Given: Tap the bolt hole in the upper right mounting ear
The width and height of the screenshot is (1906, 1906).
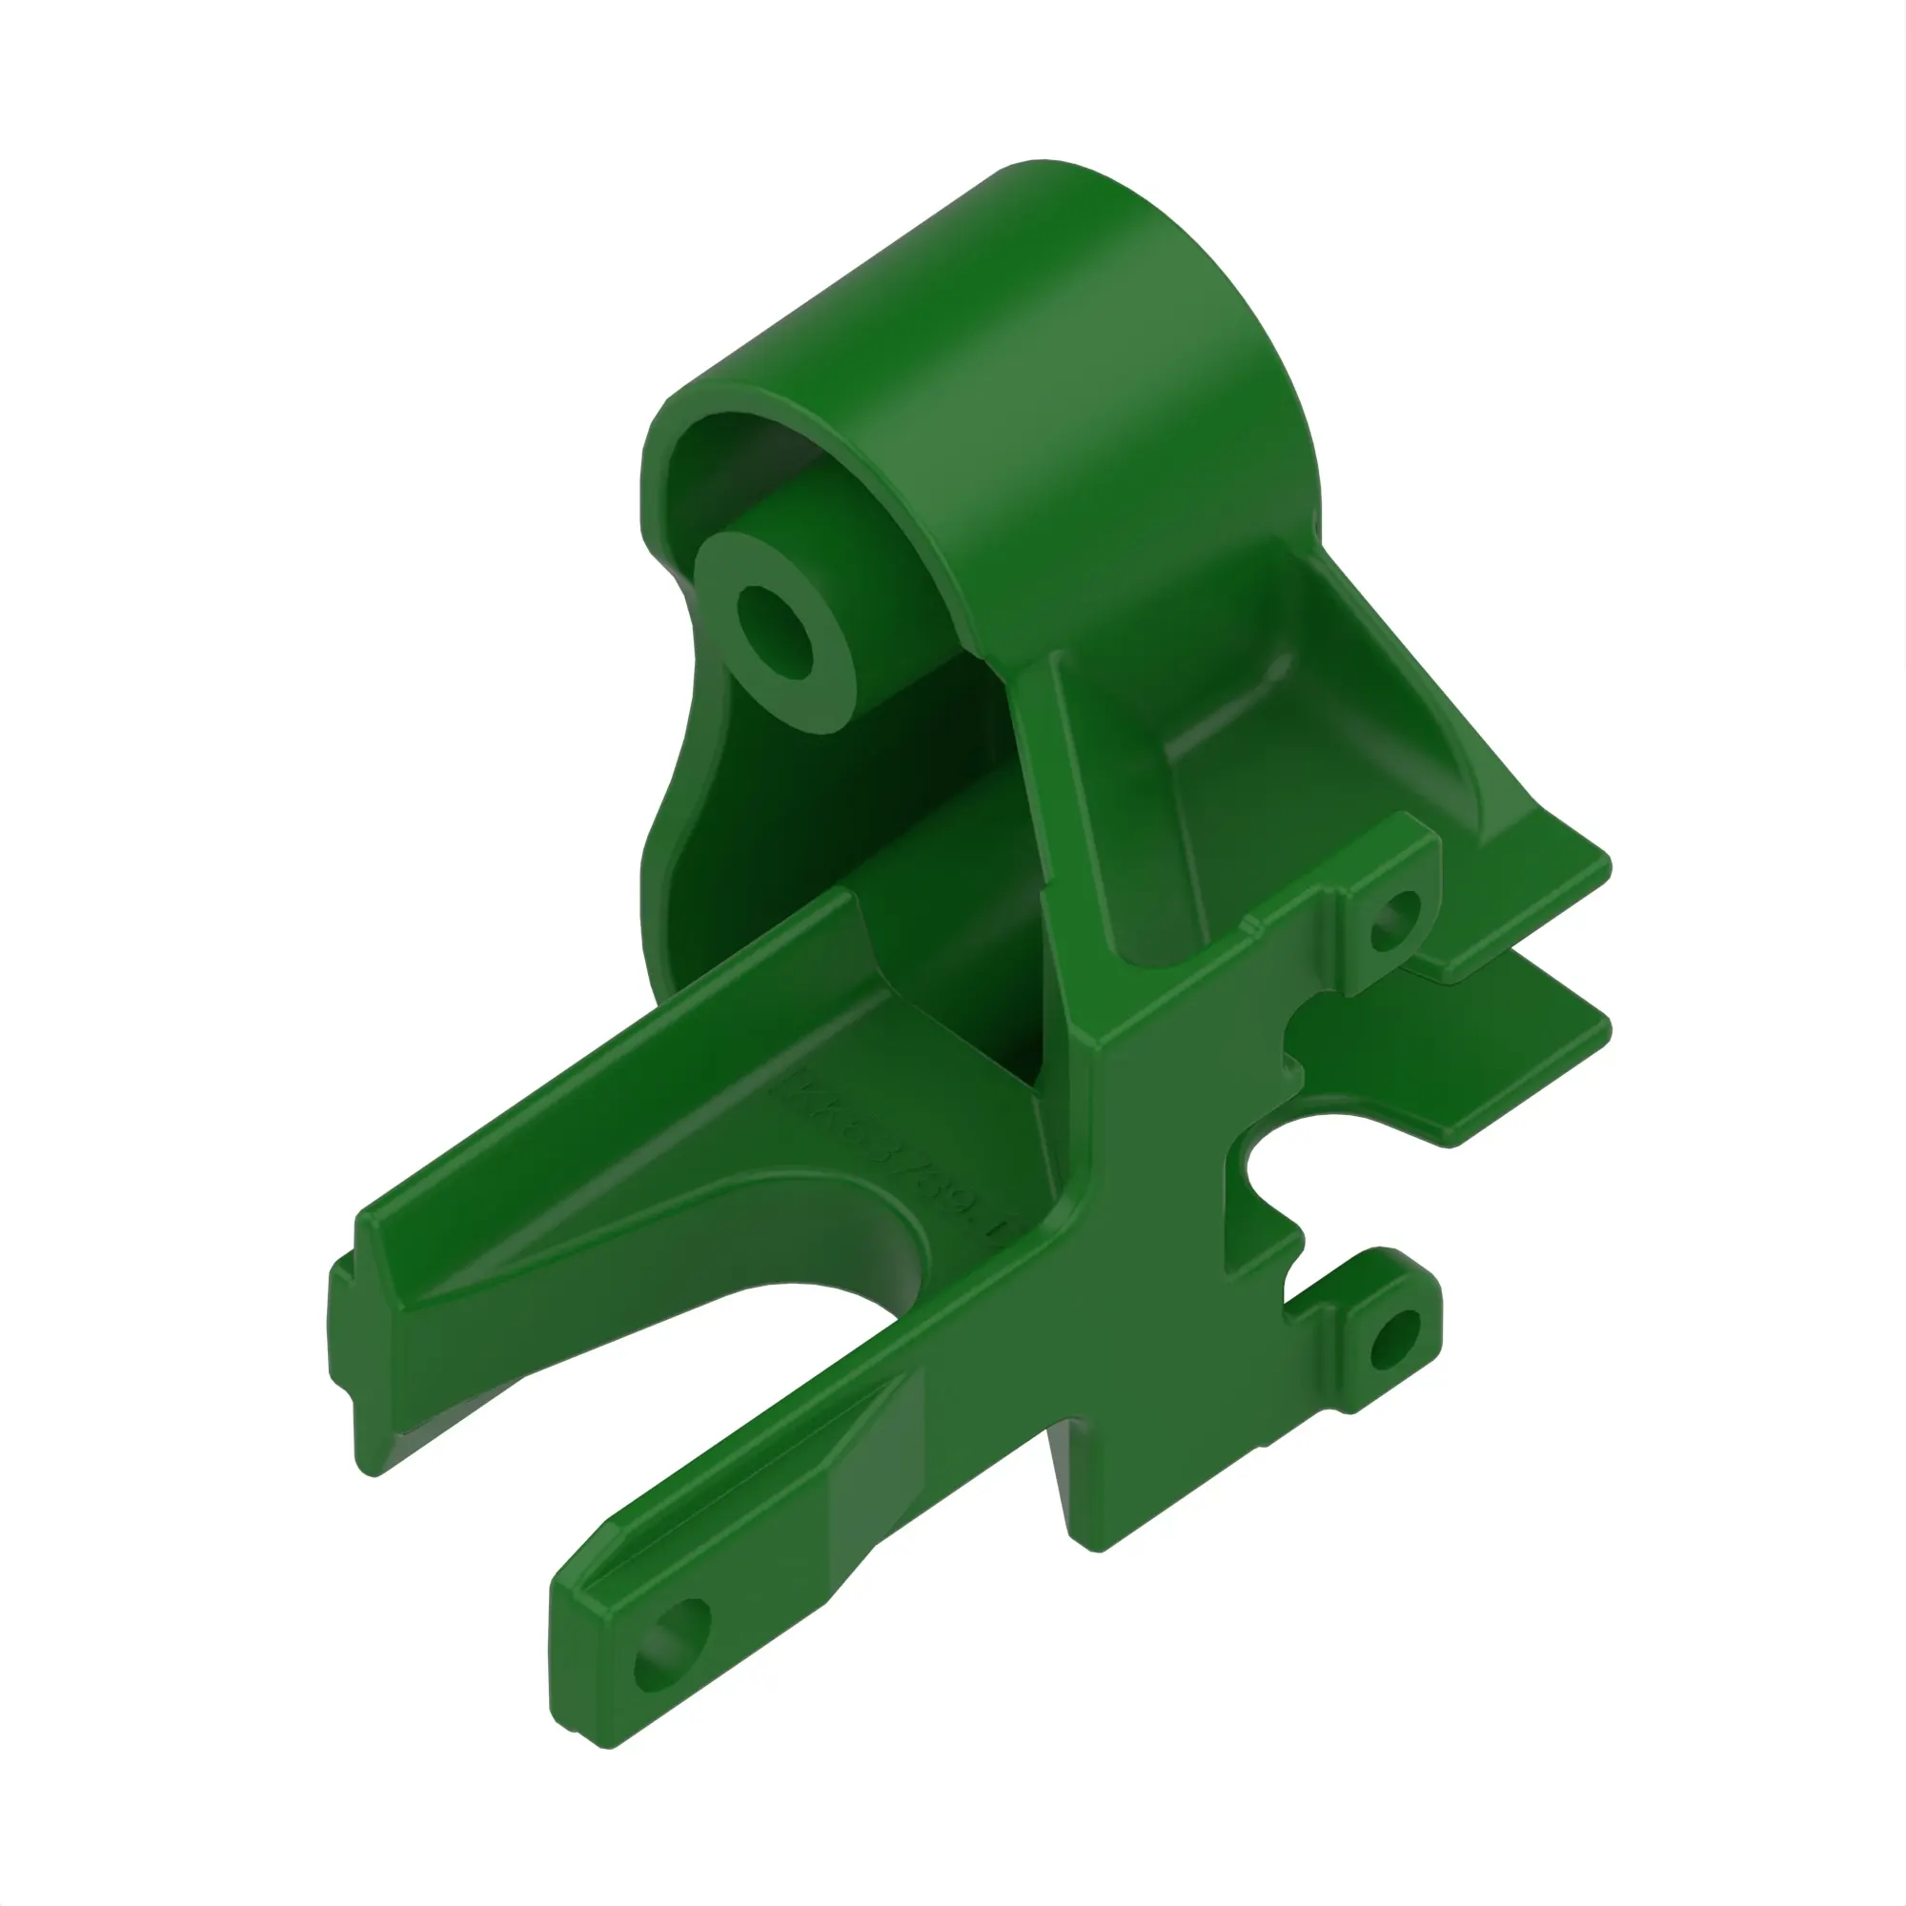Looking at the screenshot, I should (1395, 922).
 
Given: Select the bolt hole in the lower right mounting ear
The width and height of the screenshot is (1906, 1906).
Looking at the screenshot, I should (1395, 1341).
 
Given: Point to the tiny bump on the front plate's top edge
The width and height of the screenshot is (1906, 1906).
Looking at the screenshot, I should (1250, 924).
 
